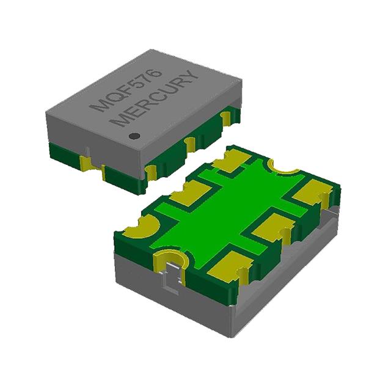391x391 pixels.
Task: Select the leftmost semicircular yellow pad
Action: (x=138, y=231)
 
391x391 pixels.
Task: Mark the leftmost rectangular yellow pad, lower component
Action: (x=184, y=197)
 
